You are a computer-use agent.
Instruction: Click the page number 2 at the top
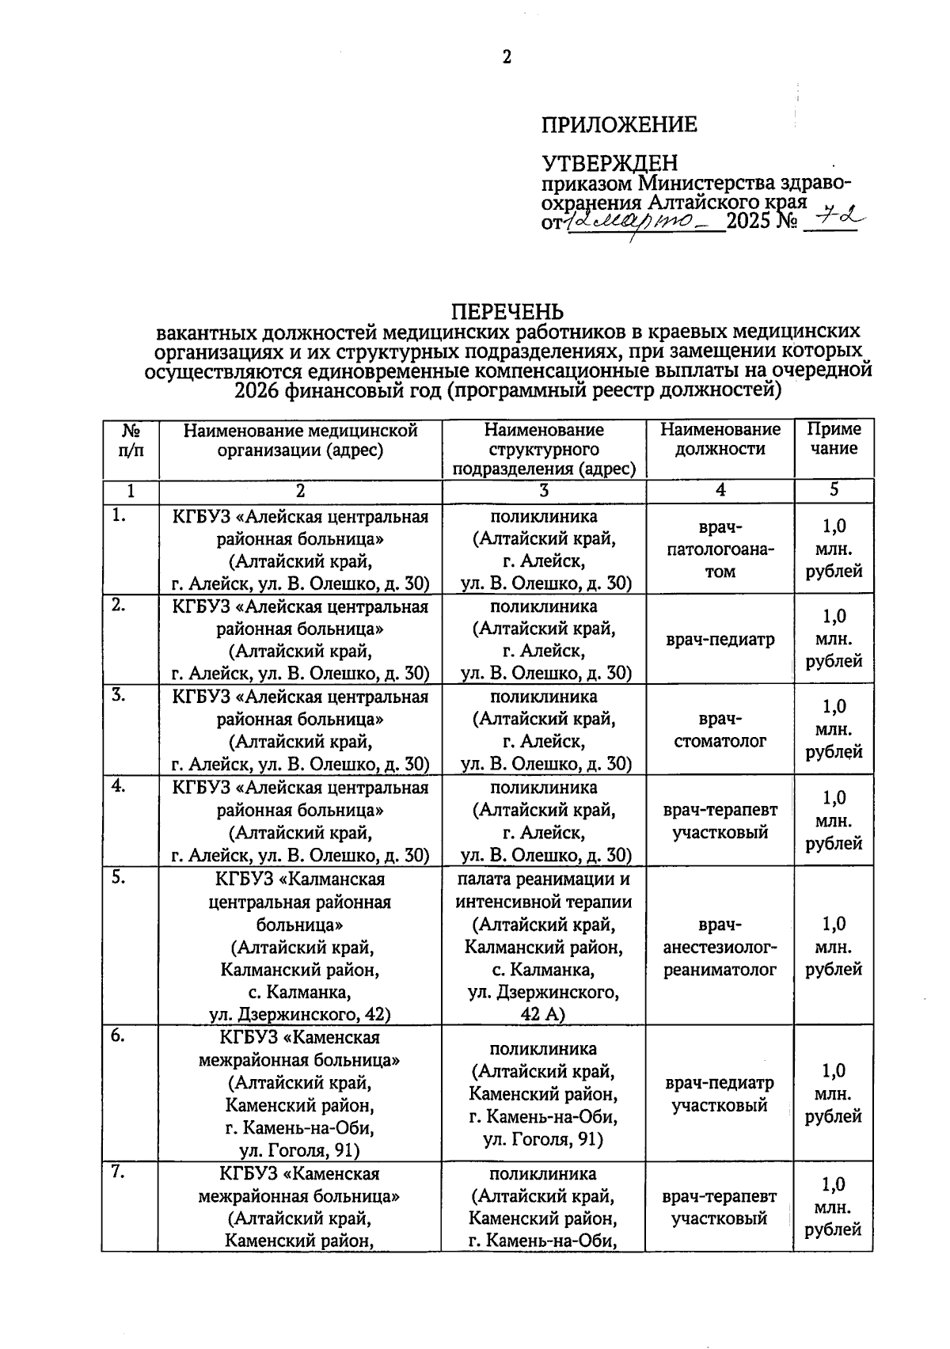(x=507, y=57)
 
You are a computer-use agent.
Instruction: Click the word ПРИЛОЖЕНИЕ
(x=619, y=124)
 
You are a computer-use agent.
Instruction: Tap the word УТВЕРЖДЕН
(x=610, y=163)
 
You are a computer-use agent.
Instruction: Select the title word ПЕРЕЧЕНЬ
(x=507, y=311)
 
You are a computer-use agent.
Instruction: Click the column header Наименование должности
(x=720, y=439)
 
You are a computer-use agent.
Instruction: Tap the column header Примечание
(x=834, y=439)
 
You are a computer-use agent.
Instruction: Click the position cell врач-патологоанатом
(x=720, y=549)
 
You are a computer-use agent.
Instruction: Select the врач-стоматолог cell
(x=720, y=730)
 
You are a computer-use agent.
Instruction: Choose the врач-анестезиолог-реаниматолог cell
(x=720, y=947)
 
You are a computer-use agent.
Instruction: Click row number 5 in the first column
(x=118, y=878)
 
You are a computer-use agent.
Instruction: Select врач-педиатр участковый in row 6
(x=720, y=1094)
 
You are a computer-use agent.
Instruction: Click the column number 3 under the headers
(x=543, y=491)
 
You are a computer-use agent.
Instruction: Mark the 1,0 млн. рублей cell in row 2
(x=834, y=639)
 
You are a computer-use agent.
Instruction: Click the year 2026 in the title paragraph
(x=257, y=389)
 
